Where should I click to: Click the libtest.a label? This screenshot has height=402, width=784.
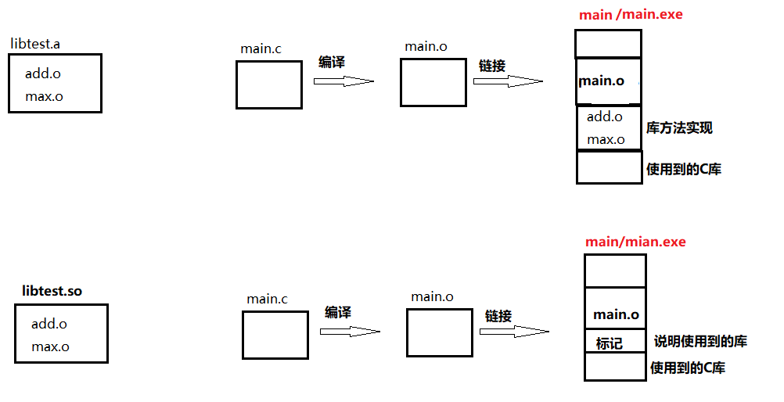35,44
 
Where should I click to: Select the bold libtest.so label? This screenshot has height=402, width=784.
52,291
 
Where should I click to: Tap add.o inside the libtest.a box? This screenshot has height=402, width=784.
43,74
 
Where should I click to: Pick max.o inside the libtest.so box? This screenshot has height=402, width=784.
50,346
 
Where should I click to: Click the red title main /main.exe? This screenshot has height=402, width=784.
631,15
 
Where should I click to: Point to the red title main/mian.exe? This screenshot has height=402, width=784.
635,242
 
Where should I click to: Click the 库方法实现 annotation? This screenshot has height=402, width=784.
679,128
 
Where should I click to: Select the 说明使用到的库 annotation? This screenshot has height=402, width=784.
700,342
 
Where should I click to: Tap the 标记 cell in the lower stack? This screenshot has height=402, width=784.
615,341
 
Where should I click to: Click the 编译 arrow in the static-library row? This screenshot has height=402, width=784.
343,81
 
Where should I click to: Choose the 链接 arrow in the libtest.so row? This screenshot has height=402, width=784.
515,332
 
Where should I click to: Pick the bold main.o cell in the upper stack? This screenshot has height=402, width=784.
609,81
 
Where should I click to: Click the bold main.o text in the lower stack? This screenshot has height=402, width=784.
616,314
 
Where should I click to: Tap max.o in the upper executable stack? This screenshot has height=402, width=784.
606,139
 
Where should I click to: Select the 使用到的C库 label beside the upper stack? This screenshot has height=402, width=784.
684,169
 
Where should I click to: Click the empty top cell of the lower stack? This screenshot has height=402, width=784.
615,271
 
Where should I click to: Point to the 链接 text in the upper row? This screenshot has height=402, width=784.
492,66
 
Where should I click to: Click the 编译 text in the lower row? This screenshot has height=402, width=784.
337,313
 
